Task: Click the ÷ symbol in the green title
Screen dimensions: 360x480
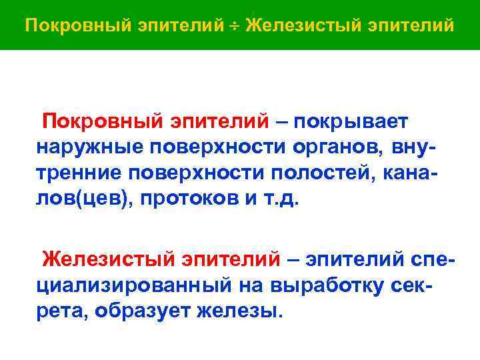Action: tap(235, 25)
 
